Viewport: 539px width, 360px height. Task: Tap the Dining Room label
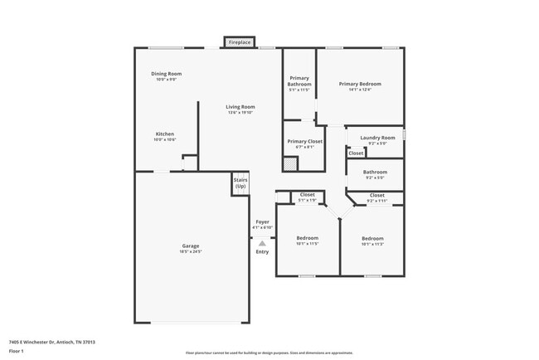(x=167, y=74)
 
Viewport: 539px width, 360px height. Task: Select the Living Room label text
(x=241, y=106)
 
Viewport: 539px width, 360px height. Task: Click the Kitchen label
(x=165, y=134)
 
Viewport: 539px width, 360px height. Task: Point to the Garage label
(x=191, y=246)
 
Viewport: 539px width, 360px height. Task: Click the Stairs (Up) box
(x=240, y=184)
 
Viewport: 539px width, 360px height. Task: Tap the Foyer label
(x=262, y=222)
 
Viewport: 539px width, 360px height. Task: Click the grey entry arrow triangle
(x=262, y=241)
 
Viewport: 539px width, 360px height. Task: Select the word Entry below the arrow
(x=262, y=251)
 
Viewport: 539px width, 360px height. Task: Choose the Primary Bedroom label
(x=360, y=84)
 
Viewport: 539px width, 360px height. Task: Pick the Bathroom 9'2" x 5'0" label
(x=375, y=174)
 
